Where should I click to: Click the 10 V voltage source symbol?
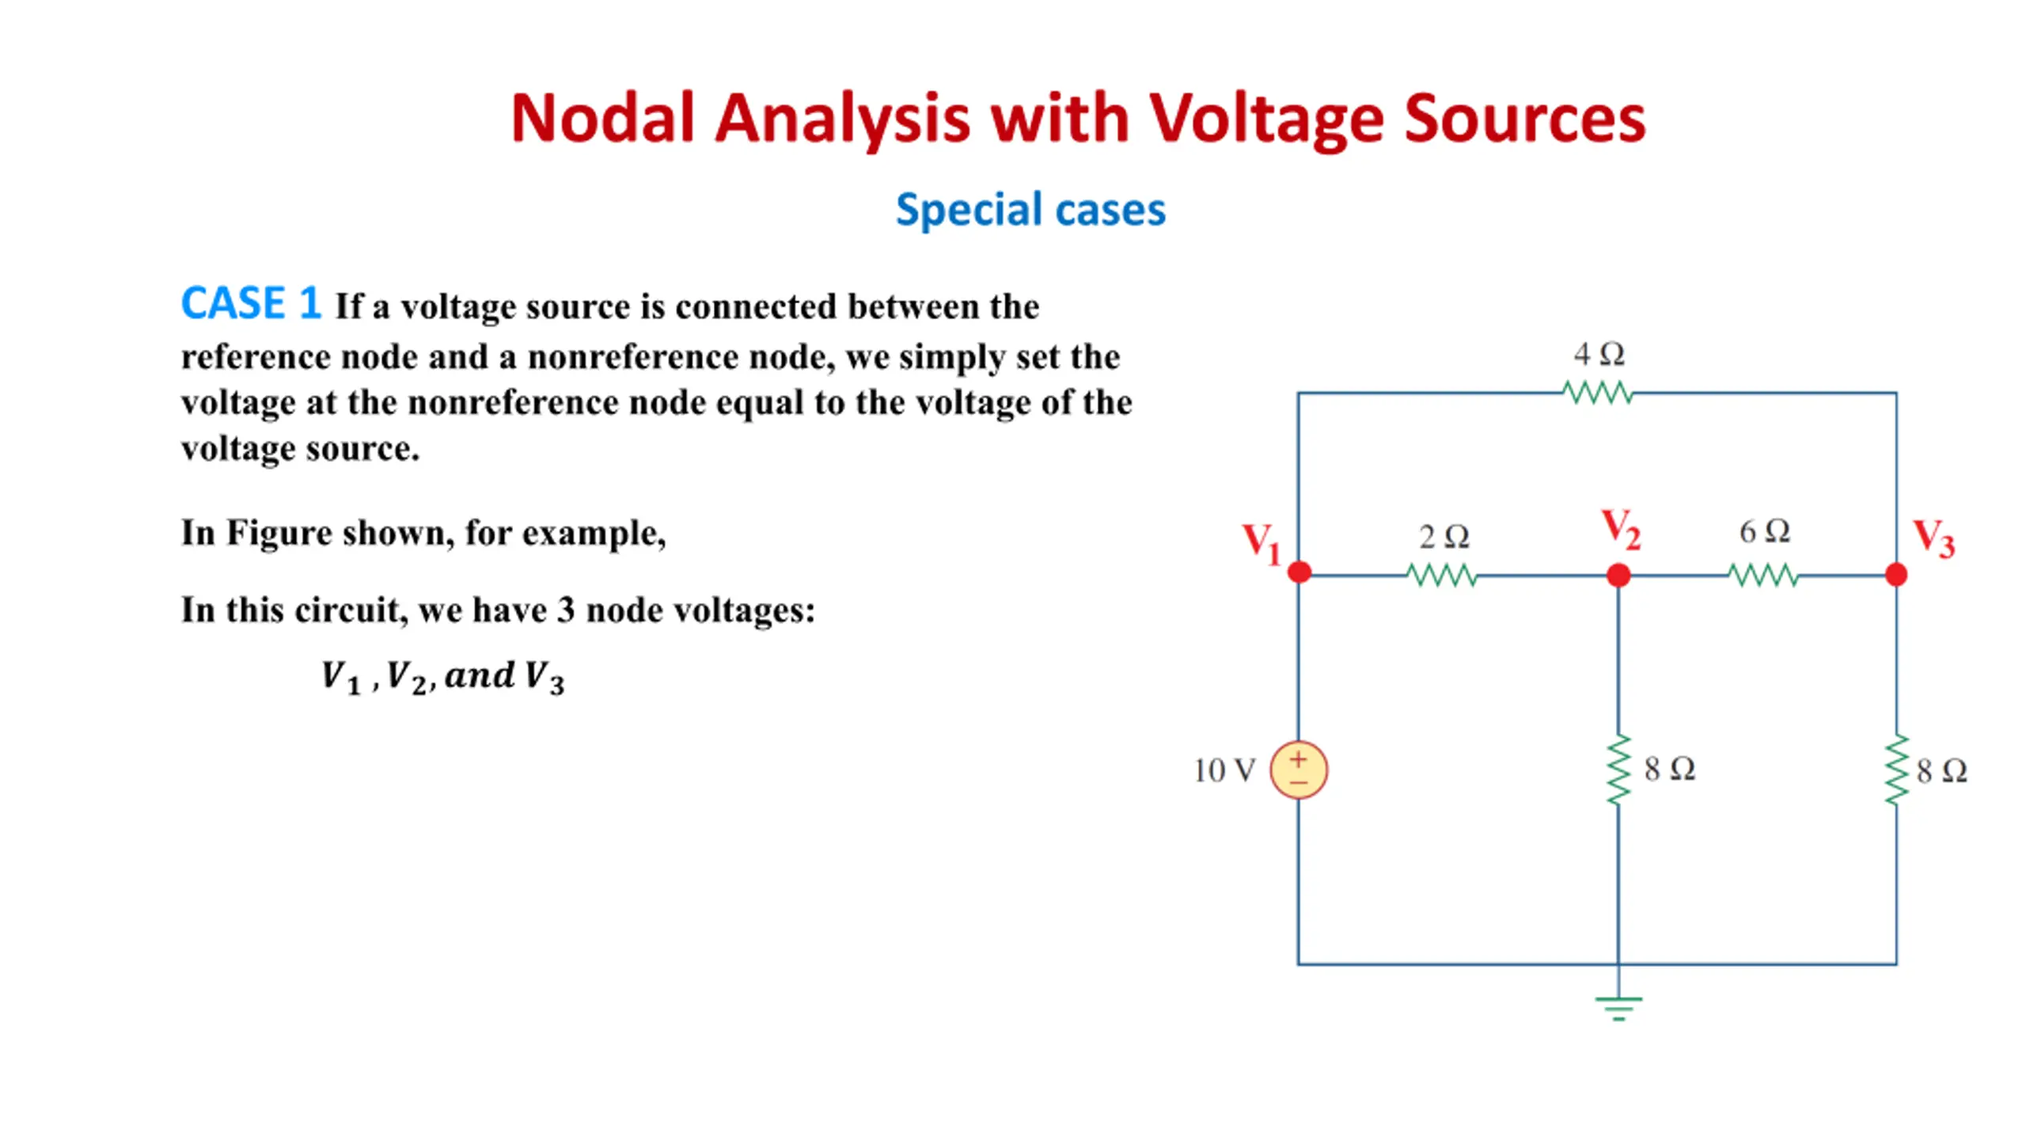click(1298, 769)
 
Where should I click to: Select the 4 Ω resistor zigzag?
click(1598, 393)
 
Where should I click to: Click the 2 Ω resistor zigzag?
click(1442, 575)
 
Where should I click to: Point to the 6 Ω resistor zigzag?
click(1763, 575)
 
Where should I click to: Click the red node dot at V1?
click(1299, 572)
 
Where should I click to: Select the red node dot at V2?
click(1618, 575)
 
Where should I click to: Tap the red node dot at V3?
click(1896, 574)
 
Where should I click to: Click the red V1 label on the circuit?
click(1261, 543)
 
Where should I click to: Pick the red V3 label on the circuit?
click(1933, 538)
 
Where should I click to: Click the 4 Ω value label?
click(1599, 354)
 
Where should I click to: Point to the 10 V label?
click(1224, 770)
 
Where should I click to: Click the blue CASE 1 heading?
click(251, 303)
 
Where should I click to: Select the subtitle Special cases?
click(1030, 210)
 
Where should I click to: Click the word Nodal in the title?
click(602, 119)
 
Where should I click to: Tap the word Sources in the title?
click(1524, 119)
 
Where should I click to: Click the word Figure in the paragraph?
click(277, 533)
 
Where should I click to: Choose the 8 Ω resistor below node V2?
click(1619, 769)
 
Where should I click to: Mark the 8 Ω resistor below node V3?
click(1896, 769)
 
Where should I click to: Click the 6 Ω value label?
click(1764, 531)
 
